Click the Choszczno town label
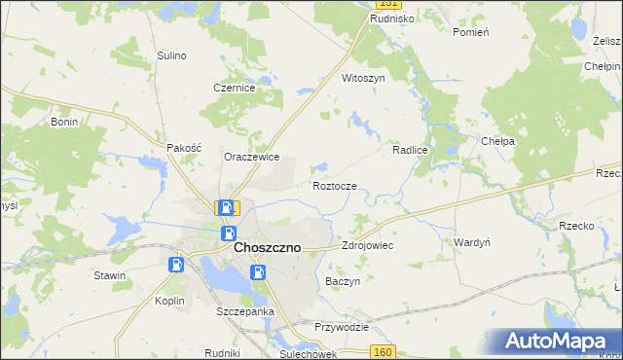[267, 248]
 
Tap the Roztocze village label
[340, 186]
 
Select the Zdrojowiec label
[367, 246]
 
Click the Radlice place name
[412, 151]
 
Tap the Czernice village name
[235, 88]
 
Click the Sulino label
[171, 55]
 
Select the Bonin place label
[64, 123]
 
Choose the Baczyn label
[342, 280]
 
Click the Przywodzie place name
[342, 327]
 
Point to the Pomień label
[471, 32]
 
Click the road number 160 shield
[385, 351]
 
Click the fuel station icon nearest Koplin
[176, 265]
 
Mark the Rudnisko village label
[393, 18]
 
